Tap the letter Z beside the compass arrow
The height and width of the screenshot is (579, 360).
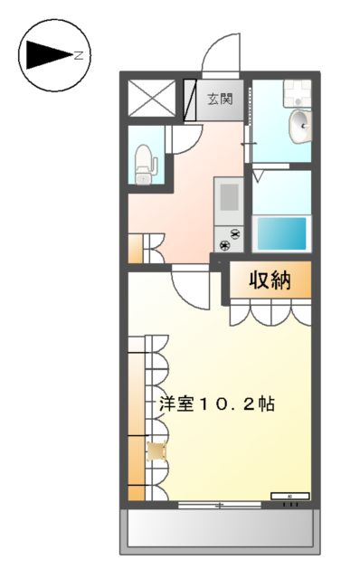(x=80, y=56)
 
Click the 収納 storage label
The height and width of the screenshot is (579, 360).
(x=270, y=280)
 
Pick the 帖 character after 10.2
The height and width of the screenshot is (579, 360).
(x=267, y=403)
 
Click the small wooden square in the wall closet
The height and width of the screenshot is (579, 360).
(x=156, y=451)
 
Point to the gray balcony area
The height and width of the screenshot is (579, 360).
(x=221, y=531)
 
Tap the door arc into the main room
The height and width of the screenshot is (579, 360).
(x=191, y=289)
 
